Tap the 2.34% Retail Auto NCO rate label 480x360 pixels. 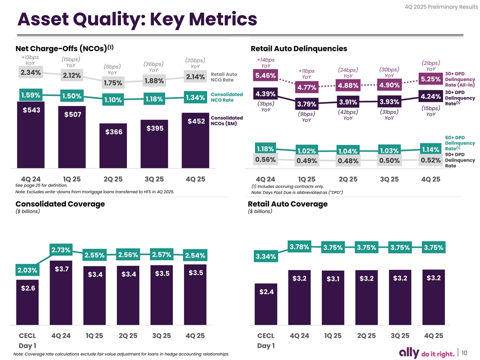coord(30,73)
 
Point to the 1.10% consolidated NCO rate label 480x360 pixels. coord(113,100)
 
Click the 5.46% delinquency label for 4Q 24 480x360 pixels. coord(265,75)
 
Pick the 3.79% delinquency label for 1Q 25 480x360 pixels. coord(306,104)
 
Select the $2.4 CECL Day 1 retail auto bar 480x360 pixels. coord(265,310)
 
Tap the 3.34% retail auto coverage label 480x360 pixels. coord(265,257)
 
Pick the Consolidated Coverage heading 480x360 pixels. coord(60,203)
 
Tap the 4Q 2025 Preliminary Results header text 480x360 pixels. coord(436,6)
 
